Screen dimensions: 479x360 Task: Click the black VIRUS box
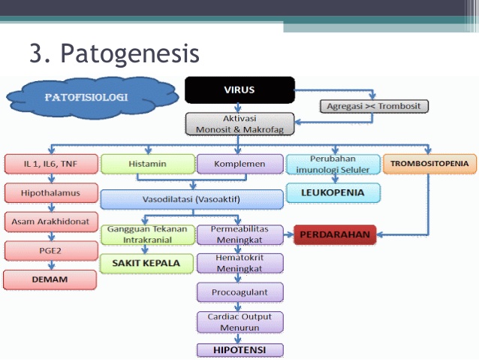[x=239, y=90]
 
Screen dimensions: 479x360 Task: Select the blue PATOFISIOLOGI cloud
[x=92, y=98]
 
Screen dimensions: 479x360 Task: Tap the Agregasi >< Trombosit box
[x=374, y=106]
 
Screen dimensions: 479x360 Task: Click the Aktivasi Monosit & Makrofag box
[x=239, y=124]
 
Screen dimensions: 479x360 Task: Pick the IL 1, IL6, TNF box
[x=51, y=164]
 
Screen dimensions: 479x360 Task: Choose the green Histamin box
[x=148, y=164]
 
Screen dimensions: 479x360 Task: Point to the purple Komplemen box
[x=239, y=164]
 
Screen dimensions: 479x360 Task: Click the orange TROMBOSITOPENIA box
[x=429, y=164]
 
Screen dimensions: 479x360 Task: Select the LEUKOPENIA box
[x=333, y=192]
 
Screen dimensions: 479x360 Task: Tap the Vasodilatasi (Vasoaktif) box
[x=191, y=199]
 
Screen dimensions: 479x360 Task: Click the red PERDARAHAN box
[x=335, y=234]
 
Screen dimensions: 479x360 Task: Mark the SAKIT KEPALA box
[x=146, y=263]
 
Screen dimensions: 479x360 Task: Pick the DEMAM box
[x=50, y=280]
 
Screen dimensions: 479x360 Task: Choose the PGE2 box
[x=51, y=251]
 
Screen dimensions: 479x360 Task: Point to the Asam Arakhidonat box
[x=51, y=222]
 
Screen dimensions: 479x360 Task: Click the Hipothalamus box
[x=51, y=192]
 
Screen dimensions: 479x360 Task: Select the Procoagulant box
[x=239, y=292]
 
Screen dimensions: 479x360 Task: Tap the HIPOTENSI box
[x=239, y=350]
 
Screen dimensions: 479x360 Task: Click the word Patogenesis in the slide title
[x=130, y=54]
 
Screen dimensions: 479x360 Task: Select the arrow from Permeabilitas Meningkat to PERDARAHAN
[x=288, y=235]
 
